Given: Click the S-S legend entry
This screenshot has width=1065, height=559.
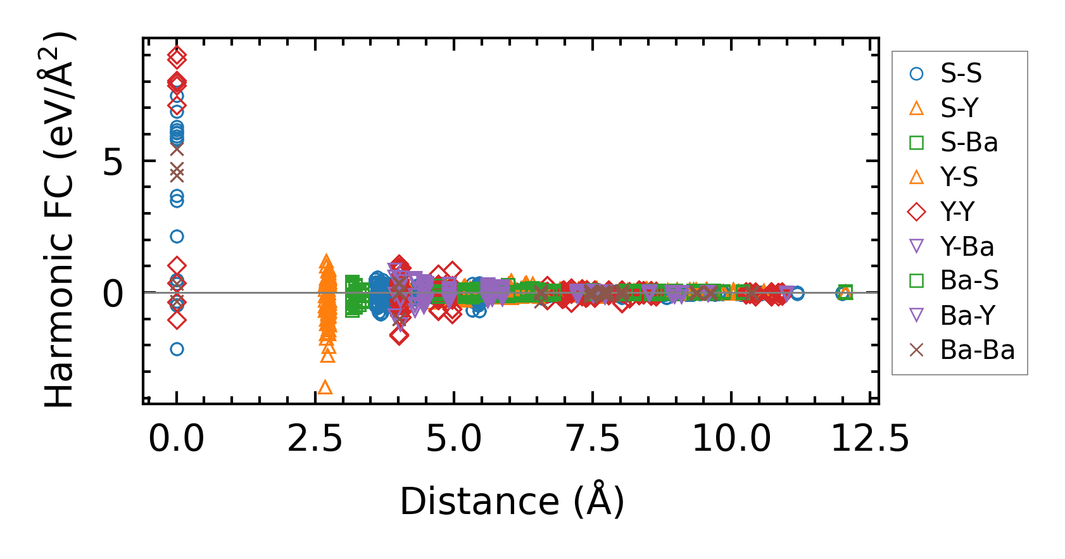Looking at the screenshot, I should tap(960, 73).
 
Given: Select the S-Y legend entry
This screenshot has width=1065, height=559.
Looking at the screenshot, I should tap(959, 108).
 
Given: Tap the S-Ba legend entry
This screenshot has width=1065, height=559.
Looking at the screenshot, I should tap(968, 142).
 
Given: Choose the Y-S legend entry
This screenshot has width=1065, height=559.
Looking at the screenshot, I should tap(959, 177).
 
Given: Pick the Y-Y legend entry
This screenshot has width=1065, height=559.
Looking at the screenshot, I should tap(957, 211).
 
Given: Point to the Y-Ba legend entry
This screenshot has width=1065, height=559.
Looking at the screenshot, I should tap(966, 246).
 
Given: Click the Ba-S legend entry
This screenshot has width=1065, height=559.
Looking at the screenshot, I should tap(969, 280).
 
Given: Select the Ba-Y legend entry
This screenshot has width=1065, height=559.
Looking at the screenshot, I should tap(967, 315).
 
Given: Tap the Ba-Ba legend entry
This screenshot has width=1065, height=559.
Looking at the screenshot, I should tap(976, 349).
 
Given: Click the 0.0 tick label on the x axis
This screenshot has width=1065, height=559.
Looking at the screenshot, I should tap(176, 438).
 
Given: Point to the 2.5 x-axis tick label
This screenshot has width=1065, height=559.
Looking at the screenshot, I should tap(315, 438).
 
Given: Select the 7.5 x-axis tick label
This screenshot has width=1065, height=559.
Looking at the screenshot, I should tap(593, 438).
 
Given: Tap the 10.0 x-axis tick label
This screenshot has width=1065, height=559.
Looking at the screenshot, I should tap(731, 438).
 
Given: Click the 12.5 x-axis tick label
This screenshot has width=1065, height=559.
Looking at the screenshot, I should tap(870, 438).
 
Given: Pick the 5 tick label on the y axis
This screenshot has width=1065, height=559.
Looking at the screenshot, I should tap(113, 163).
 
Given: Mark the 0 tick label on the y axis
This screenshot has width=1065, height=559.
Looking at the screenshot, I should tap(113, 294).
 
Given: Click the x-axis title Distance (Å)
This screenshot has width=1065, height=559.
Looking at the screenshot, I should tap(512, 501).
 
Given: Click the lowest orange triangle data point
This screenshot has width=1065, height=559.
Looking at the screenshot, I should tap(325, 387).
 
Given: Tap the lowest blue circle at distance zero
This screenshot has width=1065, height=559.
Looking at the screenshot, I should tap(177, 349).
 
